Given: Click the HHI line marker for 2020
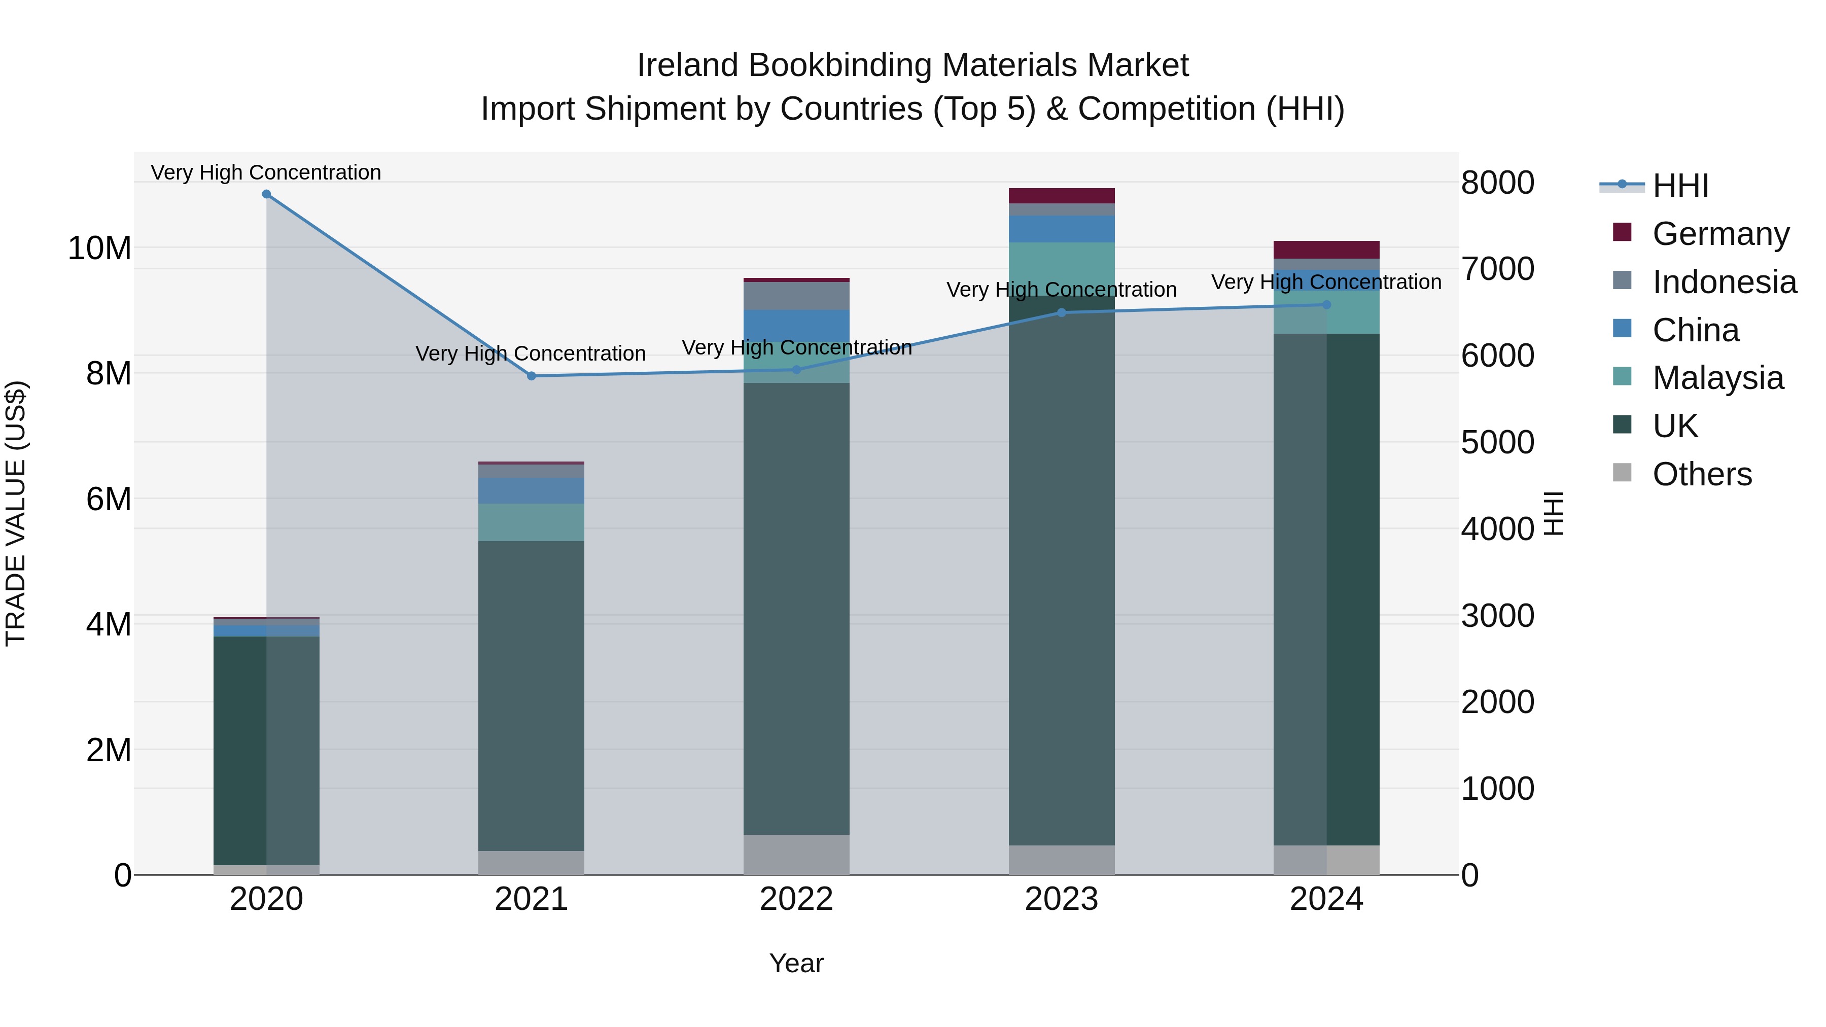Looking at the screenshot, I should tap(266, 194).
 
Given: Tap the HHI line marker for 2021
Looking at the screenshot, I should tap(532, 376).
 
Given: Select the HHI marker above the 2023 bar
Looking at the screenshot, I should tap(1061, 312).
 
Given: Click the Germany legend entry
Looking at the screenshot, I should tap(1720, 234).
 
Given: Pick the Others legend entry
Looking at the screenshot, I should tap(1701, 474).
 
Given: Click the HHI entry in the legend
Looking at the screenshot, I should tap(1680, 186).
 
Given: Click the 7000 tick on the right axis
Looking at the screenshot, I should tap(1497, 269).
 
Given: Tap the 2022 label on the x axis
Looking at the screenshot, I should tap(796, 899).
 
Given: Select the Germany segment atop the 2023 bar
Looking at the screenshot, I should tap(1061, 196).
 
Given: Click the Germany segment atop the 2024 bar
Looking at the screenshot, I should tap(1326, 250).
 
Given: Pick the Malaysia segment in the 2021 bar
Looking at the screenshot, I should tap(531, 522).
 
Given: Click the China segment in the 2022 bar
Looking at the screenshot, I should tap(796, 325).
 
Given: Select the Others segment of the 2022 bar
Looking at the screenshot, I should tap(796, 854).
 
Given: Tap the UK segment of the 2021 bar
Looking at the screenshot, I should tap(531, 695).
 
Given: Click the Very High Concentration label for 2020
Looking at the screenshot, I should tap(266, 172).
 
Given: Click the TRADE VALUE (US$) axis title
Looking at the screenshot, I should tap(16, 513).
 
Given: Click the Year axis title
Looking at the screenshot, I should tap(796, 963).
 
